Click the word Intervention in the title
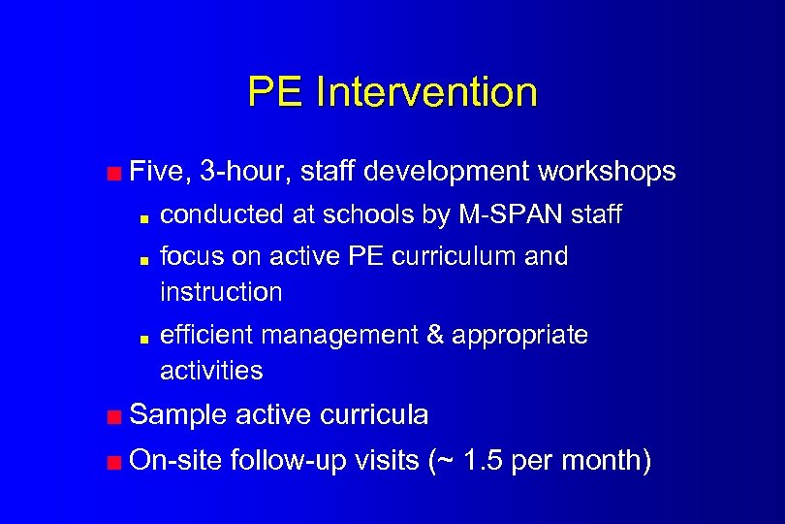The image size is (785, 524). [426, 92]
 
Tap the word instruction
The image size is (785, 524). [221, 292]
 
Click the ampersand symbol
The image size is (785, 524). [436, 336]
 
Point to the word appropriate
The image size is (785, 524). [520, 336]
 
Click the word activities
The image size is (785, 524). [211, 371]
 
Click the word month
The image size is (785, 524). [608, 460]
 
